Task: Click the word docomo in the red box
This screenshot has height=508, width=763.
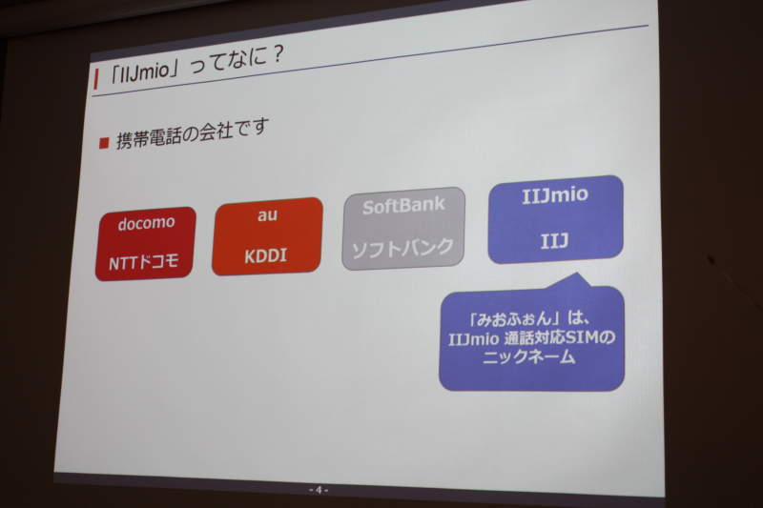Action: point(146,223)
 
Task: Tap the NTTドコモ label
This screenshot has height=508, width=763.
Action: point(144,262)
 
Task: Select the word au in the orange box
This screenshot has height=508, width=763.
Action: point(268,214)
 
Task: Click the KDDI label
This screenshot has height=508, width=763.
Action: point(266,255)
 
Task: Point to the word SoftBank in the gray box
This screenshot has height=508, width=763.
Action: point(403,206)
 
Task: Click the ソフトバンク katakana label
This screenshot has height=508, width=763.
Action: point(402,249)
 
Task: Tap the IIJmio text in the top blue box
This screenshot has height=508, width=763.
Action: point(555,195)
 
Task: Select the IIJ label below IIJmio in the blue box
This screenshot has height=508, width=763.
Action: point(554,240)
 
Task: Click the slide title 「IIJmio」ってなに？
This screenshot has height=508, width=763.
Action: point(196,65)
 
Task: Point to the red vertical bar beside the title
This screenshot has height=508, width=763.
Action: point(96,79)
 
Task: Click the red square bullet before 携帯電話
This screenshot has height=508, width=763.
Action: point(104,143)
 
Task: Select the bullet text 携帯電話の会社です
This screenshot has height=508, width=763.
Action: point(193,133)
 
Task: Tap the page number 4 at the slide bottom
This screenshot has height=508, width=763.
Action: point(319,490)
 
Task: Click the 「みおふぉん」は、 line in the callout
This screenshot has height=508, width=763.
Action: point(530,318)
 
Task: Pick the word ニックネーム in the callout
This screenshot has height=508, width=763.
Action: point(529,357)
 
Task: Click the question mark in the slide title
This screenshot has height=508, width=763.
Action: point(276,54)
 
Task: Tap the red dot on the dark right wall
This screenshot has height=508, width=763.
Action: point(710,259)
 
